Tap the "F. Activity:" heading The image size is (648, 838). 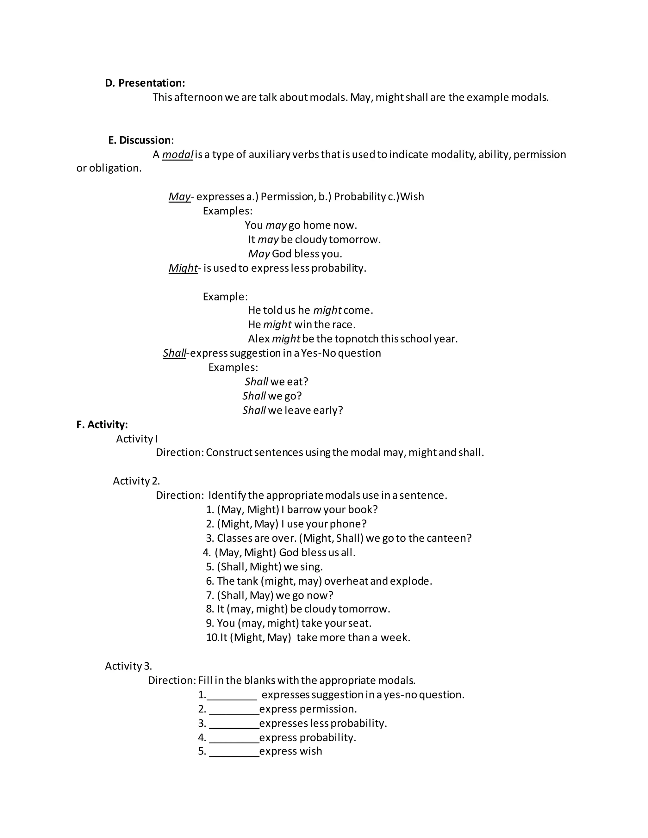[102, 424]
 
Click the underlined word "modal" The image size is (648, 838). [178, 155]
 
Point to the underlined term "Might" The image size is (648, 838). [183, 268]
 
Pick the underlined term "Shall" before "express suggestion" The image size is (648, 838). [174, 353]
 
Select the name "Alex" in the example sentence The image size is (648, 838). [259, 339]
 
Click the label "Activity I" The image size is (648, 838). [137, 439]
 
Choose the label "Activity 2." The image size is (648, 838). [136, 481]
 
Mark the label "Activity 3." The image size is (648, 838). [128, 666]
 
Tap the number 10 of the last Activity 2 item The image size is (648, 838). [212, 638]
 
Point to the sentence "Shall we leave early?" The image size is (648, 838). [293, 410]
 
